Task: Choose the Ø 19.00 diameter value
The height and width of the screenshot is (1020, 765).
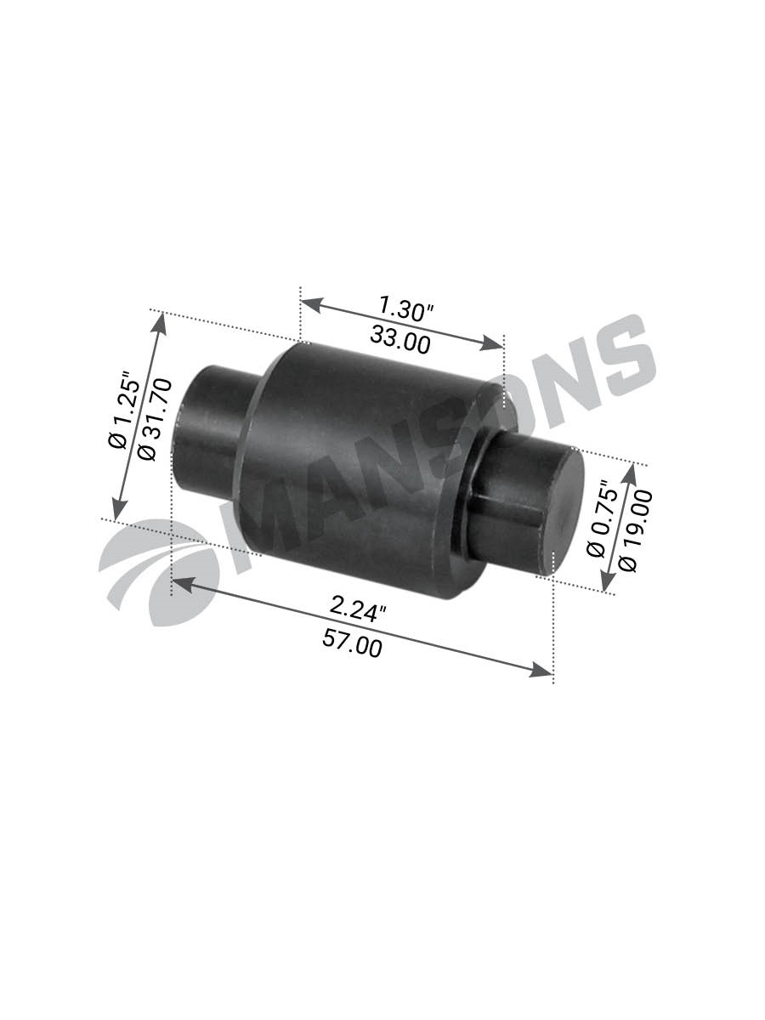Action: coord(636,528)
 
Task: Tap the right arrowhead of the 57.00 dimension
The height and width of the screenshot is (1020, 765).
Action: coord(544,672)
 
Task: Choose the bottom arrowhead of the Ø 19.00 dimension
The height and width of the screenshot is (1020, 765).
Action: coord(607,585)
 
